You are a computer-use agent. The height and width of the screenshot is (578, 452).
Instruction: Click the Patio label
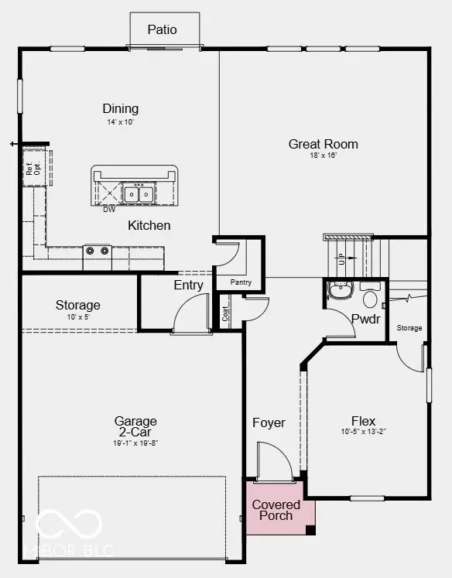click(x=163, y=30)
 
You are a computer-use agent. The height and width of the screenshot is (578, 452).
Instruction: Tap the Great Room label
click(x=324, y=144)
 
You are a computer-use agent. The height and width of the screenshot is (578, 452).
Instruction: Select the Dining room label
click(x=121, y=109)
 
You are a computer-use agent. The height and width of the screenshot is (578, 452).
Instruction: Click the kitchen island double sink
click(x=139, y=193)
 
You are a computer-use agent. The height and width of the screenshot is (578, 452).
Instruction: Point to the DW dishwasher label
click(x=110, y=209)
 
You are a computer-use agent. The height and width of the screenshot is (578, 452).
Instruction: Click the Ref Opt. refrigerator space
click(x=33, y=167)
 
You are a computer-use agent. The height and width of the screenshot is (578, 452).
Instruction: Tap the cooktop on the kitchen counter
click(x=97, y=251)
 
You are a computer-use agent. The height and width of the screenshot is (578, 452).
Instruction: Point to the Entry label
click(x=188, y=285)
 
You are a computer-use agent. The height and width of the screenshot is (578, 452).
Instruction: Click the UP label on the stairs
click(x=341, y=259)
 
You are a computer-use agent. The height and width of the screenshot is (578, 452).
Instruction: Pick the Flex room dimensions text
click(x=363, y=432)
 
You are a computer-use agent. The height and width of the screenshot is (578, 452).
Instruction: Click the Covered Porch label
click(x=276, y=510)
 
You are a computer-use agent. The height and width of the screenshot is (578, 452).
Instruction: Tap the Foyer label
click(x=269, y=423)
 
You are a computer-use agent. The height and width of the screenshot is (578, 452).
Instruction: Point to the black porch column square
click(x=310, y=530)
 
